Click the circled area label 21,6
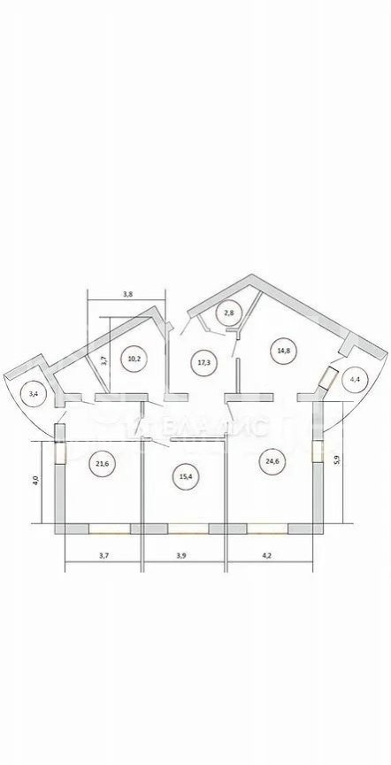click(102, 463)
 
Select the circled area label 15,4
click(184, 475)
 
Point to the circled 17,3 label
click(202, 363)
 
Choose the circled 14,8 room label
click(284, 351)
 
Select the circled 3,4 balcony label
click(33, 393)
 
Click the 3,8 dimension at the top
click(127, 294)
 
